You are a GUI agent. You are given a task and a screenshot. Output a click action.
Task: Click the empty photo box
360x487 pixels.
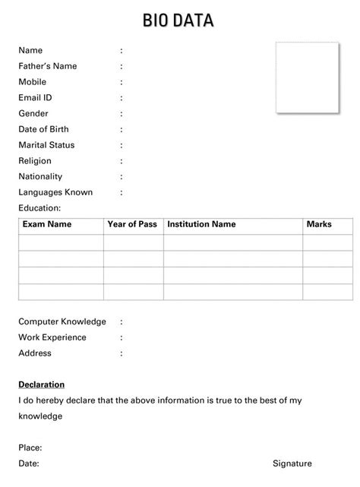click(307, 77)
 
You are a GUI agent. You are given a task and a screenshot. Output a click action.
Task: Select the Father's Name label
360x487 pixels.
click(48, 66)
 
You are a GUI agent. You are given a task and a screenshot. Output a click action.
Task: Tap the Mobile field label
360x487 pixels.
click(33, 82)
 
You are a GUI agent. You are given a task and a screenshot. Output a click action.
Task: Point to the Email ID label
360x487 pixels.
click(35, 98)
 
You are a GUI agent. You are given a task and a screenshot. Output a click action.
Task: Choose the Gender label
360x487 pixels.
click(33, 113)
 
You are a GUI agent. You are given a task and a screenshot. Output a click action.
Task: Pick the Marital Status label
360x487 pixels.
click(46, 145)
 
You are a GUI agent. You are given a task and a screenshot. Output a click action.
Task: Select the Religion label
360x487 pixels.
click(35, 161)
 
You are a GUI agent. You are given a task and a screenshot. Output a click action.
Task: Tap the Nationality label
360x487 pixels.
click(40, 176)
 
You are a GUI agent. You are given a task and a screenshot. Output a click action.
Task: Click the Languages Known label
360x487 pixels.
click(55, 192)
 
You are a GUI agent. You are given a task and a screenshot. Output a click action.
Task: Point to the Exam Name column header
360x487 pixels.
click(47, 224)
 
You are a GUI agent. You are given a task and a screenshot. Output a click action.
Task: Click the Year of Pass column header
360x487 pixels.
click(132, 224)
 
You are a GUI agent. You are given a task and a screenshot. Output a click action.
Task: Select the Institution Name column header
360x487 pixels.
click(201, 224)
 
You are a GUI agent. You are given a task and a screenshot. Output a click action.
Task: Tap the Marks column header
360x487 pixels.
click(319, 224)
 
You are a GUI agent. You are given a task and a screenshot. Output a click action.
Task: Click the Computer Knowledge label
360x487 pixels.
click(62, 321)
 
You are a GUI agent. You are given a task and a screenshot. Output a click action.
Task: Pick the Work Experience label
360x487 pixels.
click(52, 337)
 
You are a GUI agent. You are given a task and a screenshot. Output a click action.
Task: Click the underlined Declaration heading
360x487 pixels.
click(42, 384)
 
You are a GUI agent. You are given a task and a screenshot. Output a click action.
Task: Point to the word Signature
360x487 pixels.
click(292, 463)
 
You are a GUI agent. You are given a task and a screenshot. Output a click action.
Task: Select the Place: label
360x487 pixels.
click(30, 447)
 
